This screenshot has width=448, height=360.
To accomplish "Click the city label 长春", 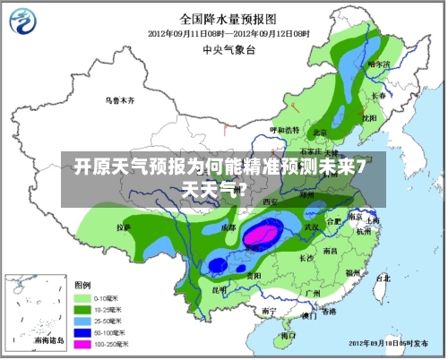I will [378, 95].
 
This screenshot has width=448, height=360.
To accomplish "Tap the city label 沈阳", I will [368, 116].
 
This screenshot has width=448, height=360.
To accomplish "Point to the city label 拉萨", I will [124, 227].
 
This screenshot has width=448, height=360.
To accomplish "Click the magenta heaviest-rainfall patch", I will [261, 236].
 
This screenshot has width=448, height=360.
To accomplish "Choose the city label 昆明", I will [220, 289].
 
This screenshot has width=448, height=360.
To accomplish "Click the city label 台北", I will [383, 278].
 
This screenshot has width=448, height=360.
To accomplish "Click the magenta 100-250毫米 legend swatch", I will [82, 343].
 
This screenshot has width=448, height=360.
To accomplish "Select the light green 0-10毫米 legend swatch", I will [82, 296].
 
